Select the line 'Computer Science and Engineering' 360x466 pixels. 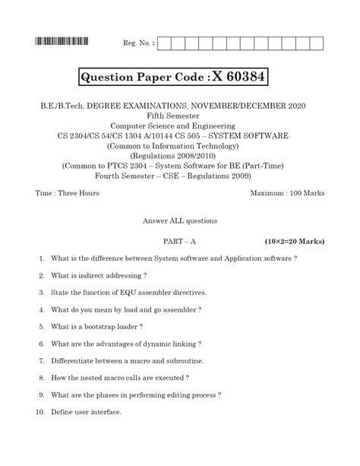coord(180,124)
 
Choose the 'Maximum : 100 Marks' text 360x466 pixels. coord(287,193)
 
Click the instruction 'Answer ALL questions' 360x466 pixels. coord(180,220)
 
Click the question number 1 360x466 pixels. coord(41,258)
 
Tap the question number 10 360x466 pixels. coord(40,412)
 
